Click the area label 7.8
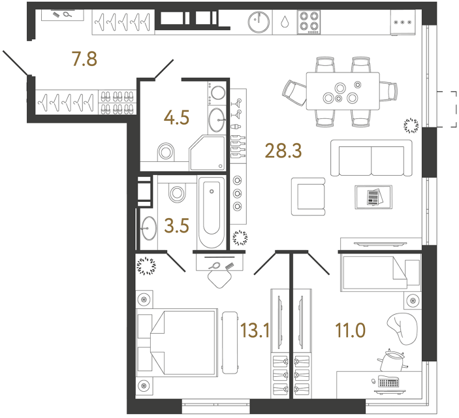coord(84,60)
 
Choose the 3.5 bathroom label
coord(177,228)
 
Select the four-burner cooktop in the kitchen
coord(309,23)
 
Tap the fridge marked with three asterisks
coord(402,23)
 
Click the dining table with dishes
coord(343,92)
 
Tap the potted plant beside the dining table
coord(411,123)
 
